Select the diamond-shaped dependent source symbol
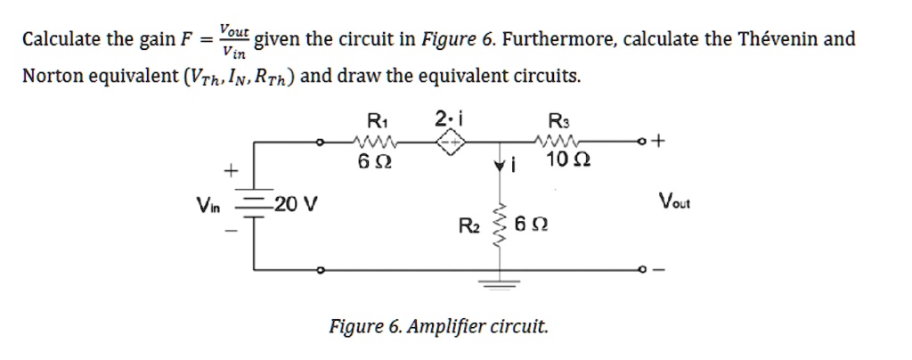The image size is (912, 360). [x=451, y=143]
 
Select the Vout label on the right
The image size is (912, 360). [x=674, y=202]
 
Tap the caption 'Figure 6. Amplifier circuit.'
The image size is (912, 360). [x=438, y=326]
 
